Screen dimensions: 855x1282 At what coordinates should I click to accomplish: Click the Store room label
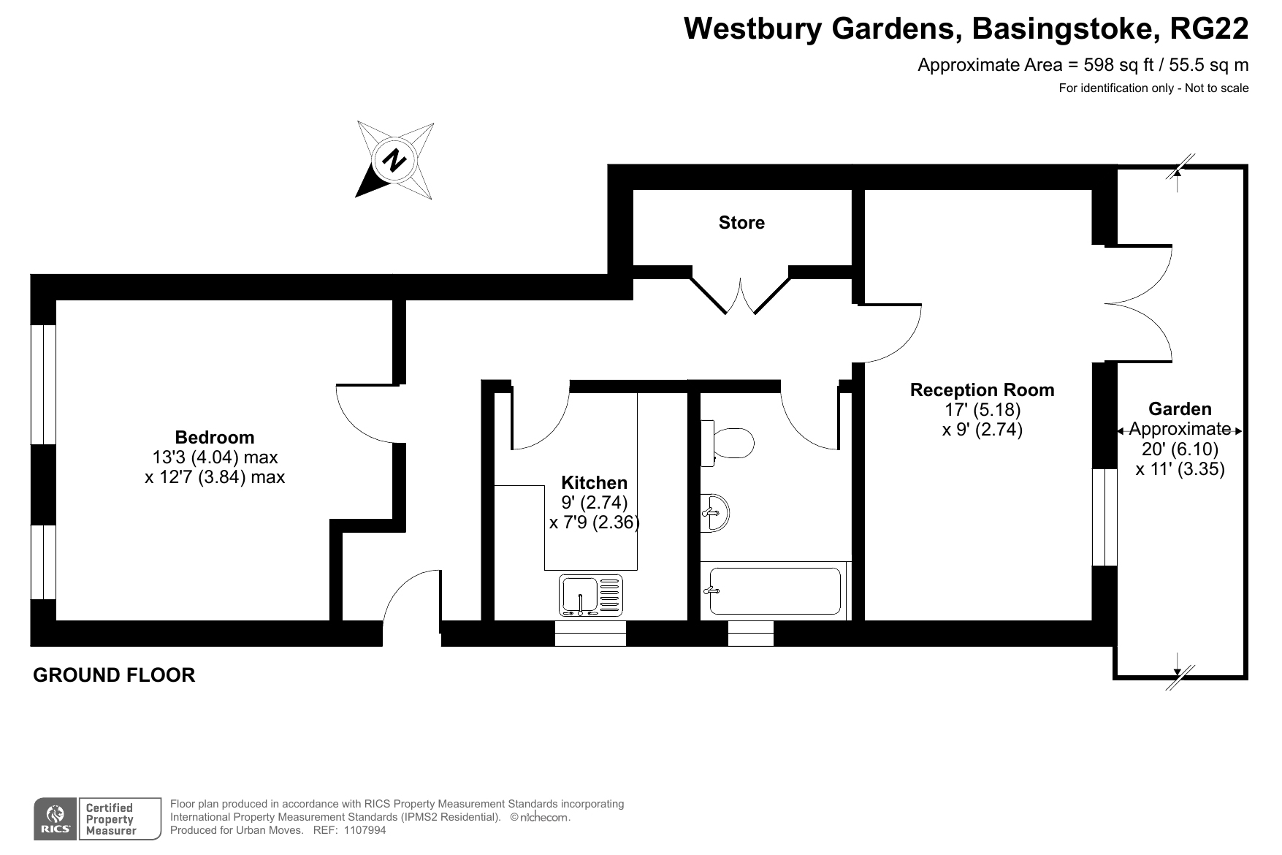coord(741,223)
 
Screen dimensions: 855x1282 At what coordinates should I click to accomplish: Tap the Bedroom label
coord(215,438)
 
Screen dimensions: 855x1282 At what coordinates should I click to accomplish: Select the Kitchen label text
coord(594,483)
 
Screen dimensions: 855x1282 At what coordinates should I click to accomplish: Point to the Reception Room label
coord(982,390)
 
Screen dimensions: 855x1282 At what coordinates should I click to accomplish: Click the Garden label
coord(1180,409)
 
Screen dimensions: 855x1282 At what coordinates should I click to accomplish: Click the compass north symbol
coord(394,160)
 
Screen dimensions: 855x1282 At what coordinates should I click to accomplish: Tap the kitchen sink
coord(591,595)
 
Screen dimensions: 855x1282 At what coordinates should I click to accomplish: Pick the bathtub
coord(774,591)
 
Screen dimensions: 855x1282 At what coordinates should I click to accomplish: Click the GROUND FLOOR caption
coord(114,675)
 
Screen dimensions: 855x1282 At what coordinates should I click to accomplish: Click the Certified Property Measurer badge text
coord(110,819)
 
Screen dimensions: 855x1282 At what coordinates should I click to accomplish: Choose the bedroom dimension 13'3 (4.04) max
coord(215,457)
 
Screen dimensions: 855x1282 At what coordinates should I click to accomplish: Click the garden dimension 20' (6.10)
coord(1180,449)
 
